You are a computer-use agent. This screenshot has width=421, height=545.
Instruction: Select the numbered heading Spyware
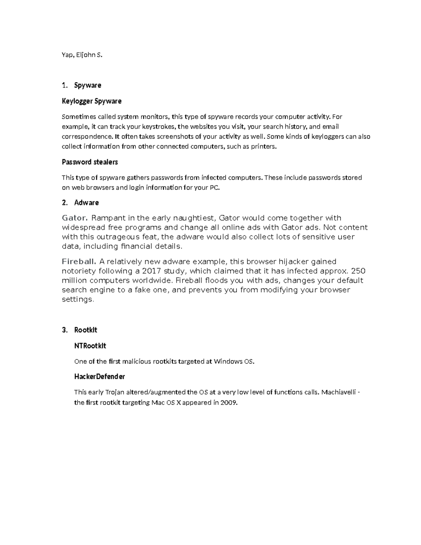click(88, 85)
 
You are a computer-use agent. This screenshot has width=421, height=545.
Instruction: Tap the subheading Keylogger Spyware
click(92, 101)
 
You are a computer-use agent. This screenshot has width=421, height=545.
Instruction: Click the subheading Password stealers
click(89, 162)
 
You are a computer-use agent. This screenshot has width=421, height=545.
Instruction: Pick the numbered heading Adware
click(86, 202)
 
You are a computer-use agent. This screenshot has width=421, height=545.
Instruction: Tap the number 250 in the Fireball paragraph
click(358, 271)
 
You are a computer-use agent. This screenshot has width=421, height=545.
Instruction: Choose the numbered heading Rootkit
click(86, 330)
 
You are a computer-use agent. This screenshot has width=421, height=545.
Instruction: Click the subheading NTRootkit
click(90, 346)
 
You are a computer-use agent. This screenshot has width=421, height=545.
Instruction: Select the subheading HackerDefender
click(99, 377)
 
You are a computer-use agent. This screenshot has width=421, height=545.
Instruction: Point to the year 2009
click(229, 403)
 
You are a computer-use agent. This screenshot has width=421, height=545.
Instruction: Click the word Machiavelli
click(339, 392)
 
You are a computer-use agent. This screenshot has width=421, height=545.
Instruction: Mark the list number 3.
click(64, 330)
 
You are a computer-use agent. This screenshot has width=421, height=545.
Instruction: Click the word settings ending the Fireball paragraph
click(78, 299)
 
